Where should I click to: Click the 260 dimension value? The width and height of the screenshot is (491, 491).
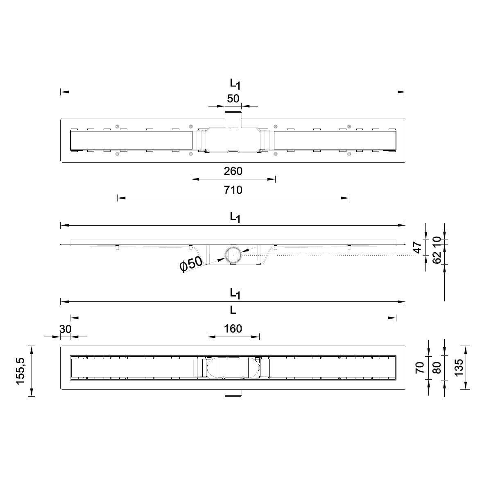233,171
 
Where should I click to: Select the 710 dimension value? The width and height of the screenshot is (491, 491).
233,190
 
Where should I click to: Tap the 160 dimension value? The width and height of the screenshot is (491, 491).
233,328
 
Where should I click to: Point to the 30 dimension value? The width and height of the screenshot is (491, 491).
65,329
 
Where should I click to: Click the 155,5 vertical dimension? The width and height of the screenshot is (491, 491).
20,371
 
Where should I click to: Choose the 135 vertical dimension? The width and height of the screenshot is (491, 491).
458,367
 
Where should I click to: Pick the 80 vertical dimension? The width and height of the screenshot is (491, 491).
437,368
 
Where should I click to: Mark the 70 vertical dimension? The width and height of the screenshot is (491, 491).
420,367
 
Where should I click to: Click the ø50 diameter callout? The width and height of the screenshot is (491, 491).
191,264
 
